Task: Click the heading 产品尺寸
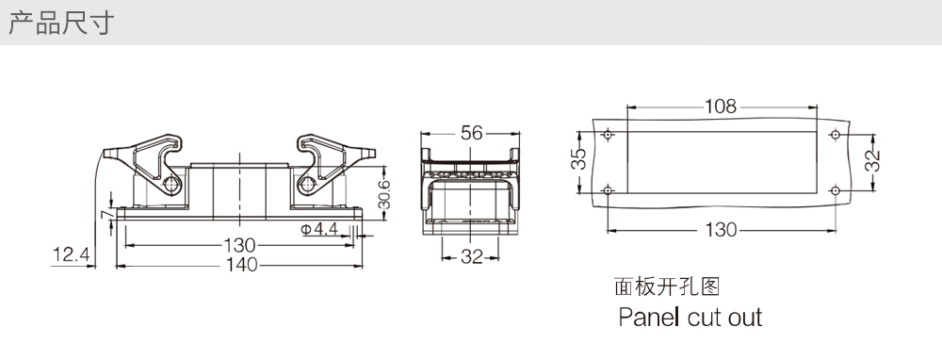pos(60,23)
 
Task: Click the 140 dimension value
pos(241,265)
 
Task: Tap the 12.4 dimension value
pos(72,254)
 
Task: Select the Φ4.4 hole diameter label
pos(319,229)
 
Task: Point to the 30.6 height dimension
pos(384,194)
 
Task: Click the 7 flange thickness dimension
pos(106,214)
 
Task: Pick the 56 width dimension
pos(472,133)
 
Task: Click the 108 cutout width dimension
pos(721,106)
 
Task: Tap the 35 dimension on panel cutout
pos(578,159)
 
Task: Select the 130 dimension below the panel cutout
pos(721,230)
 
